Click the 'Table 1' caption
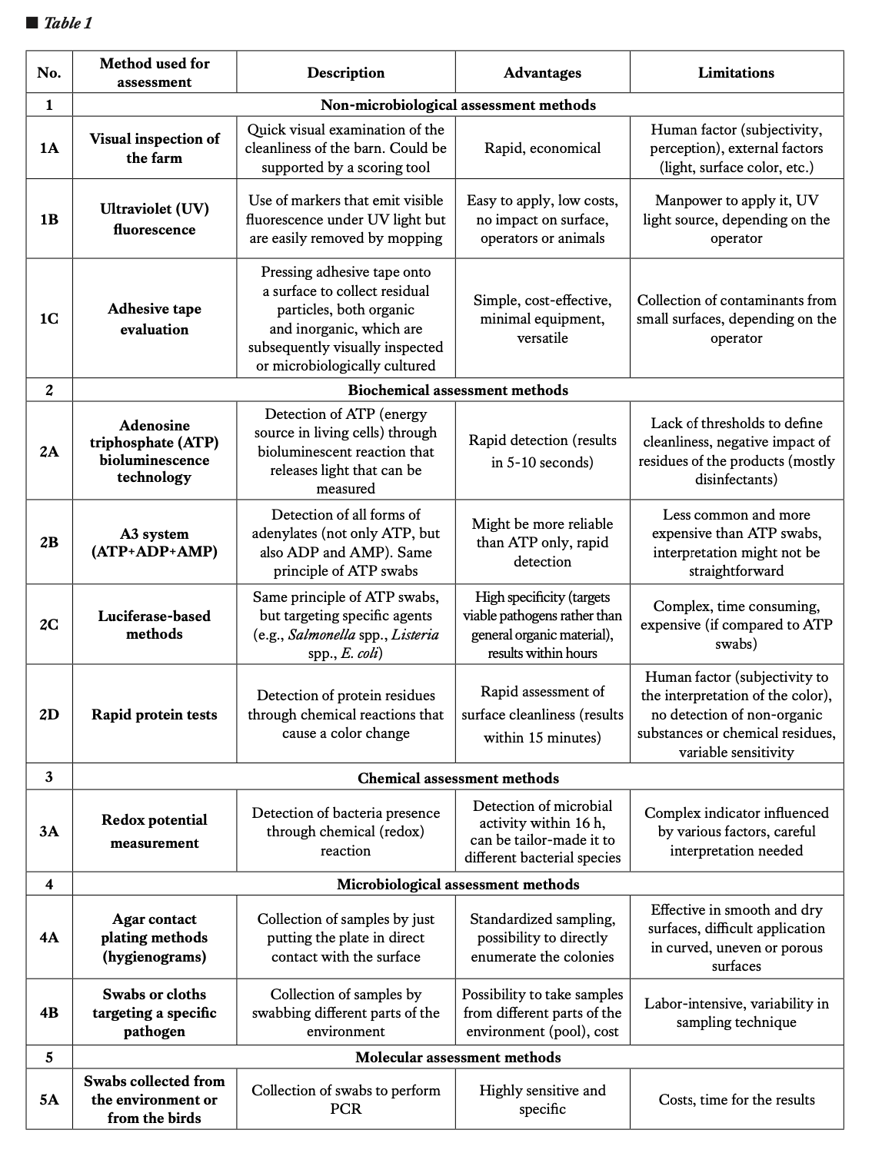(x=67, y=23)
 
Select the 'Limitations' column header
(x=736, y=73)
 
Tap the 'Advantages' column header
(x=542, y=73)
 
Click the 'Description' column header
(x=345, y=73)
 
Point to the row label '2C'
(x=49, y=624)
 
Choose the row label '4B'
(x=49, y=1012)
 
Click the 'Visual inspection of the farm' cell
(x=155, y=148)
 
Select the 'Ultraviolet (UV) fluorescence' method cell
(x=155, y=219)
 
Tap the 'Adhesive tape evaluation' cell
(x=155, y=319)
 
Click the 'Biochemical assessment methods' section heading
(x=458, y=390)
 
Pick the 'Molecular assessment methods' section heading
(x=458, y=1057)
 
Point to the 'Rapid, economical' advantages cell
(x=542, y=148)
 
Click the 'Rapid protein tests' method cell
(x=155, y=715)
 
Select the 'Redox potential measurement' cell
(x=155, y=831)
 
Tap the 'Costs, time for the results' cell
(x=736, y=1099)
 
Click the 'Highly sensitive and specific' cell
(x=542, y=1099)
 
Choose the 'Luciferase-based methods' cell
(x=155, y=625)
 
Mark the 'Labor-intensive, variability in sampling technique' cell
(x=736, y=1012)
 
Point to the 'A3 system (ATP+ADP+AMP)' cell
(x=155, y=543)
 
